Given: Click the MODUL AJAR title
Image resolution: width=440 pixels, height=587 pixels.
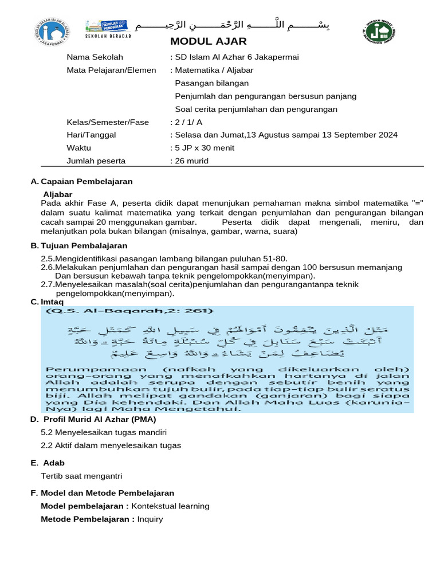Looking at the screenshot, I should (x=209, y=41).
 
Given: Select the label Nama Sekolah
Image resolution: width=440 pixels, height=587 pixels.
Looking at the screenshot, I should (x=95, y=57).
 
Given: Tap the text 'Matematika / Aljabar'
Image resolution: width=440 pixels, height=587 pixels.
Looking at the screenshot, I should (x=214, y=70).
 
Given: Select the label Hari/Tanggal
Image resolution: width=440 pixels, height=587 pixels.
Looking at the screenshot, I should (x=92, y=135).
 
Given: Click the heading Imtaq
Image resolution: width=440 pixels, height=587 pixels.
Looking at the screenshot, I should (x=52, y=302).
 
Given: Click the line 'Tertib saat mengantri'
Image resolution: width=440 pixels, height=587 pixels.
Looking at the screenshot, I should (x=81, y=476).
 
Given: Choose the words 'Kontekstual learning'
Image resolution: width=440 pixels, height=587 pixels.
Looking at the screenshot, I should (x=170, y=506).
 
